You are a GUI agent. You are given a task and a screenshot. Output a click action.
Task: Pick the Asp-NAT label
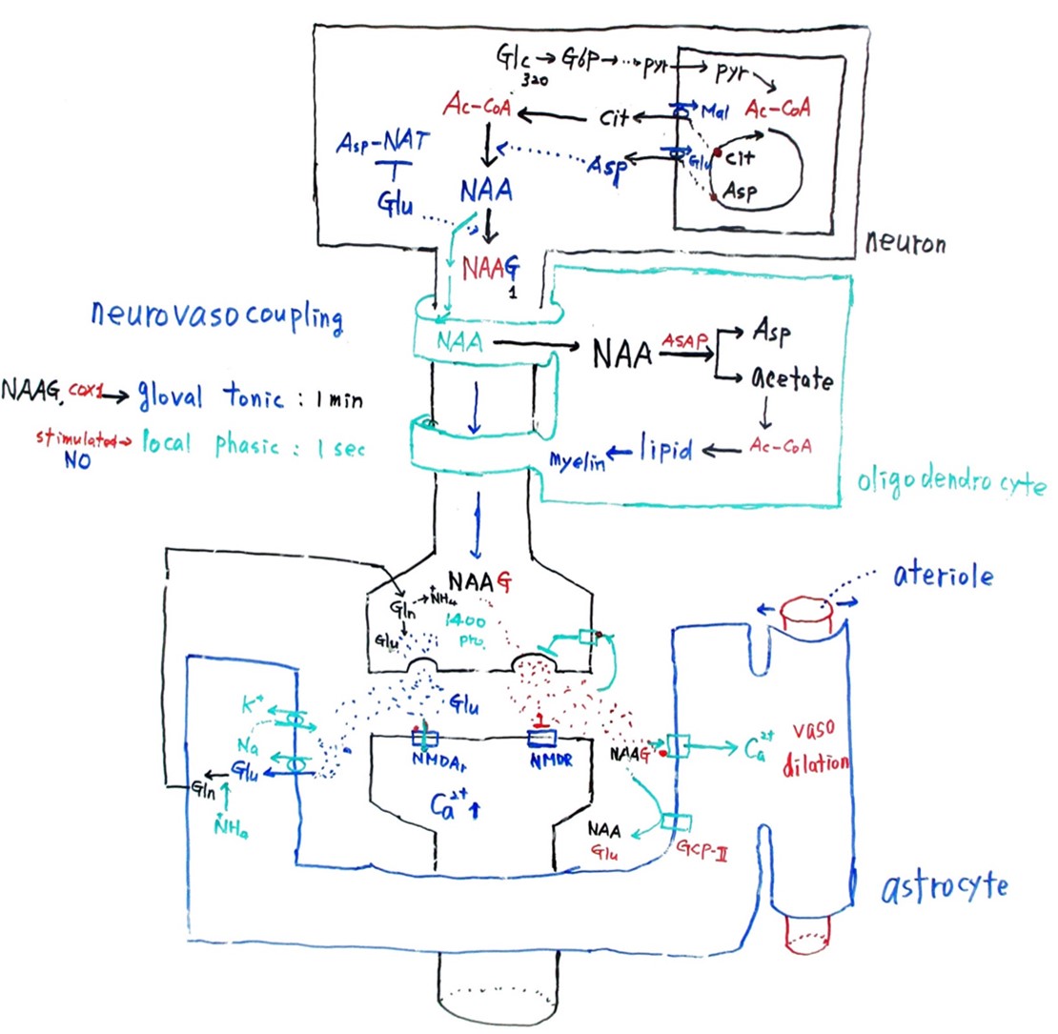click(385, 146)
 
